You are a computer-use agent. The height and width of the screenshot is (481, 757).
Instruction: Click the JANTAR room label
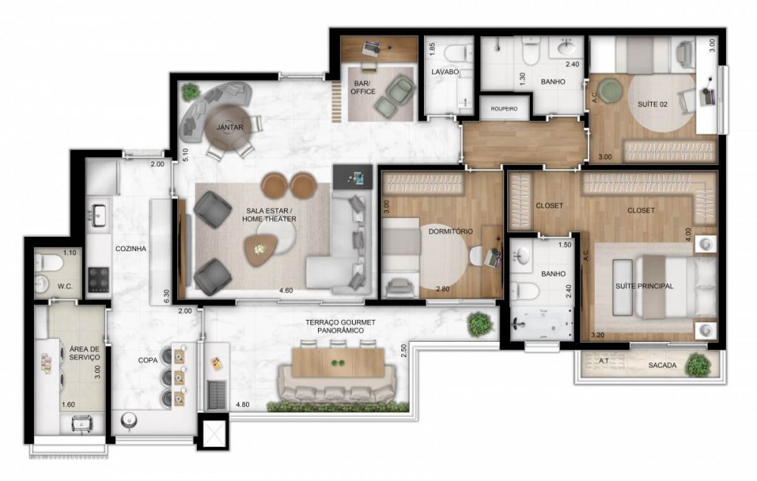229,128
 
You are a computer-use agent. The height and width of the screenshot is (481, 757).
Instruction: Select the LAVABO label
445,72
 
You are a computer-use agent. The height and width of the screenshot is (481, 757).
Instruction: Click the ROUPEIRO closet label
503,109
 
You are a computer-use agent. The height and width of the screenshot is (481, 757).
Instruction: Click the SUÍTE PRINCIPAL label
645,285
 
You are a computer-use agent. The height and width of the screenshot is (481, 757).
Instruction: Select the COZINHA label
130,248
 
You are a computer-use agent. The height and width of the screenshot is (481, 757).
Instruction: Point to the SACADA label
662,365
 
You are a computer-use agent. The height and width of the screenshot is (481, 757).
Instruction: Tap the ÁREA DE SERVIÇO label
85,353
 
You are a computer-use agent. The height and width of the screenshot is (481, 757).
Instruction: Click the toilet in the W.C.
46,262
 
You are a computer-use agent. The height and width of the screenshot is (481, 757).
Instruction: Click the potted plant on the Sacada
697,365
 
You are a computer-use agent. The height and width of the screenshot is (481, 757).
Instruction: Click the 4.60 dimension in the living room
285,290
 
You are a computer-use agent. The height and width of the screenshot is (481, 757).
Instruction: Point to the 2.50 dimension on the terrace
404,352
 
